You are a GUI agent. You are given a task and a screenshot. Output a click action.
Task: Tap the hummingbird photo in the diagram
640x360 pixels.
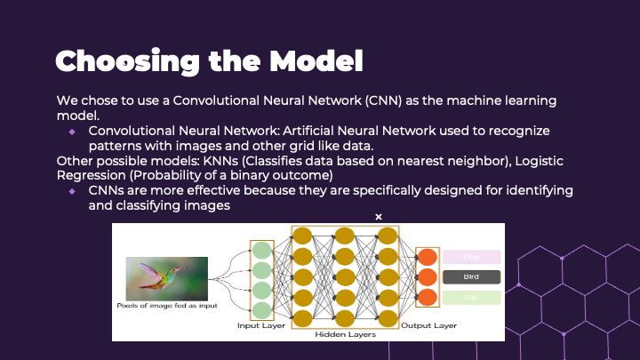(x=167, y=277)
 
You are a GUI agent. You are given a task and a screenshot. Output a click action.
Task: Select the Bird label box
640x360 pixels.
(x=471, y=277)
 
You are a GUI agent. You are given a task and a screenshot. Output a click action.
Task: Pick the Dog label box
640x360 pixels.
(x=471, y=257)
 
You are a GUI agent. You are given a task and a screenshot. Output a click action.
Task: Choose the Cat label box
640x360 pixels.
(x=471, y=298)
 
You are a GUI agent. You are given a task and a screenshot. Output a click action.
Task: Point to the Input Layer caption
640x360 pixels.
(x=260, y=326)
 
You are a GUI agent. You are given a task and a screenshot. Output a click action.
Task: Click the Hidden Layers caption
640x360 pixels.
(x=346, y=336)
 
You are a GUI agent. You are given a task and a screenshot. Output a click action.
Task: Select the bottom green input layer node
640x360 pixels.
(x=261, y=309)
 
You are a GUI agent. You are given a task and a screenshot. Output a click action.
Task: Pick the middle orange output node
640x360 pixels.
(x=428, y=277)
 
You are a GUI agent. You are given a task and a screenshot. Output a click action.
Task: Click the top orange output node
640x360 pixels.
(x=428, y=258)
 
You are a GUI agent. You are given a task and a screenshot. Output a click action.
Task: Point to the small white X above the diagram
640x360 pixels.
(x=379, y=217)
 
